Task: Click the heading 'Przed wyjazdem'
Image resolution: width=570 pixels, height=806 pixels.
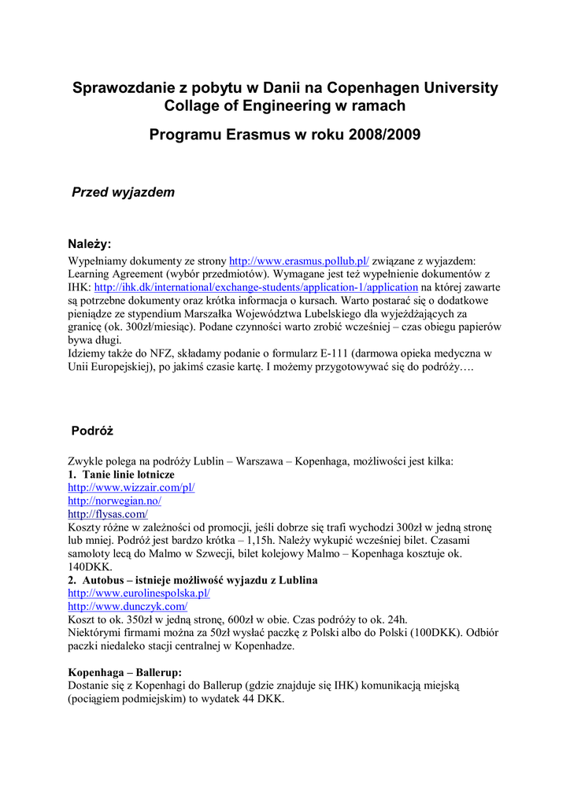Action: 124,192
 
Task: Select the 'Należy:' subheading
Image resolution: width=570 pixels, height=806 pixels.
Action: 91,244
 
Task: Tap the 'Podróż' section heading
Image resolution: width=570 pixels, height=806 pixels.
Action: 93,431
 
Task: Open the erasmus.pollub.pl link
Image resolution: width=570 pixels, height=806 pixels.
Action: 298,260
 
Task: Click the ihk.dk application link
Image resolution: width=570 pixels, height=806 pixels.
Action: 256,288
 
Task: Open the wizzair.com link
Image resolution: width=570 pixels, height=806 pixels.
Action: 131,487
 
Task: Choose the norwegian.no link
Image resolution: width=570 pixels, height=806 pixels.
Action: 114,501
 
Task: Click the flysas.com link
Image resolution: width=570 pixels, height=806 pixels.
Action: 107,514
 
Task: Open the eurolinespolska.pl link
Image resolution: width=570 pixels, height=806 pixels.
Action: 139,593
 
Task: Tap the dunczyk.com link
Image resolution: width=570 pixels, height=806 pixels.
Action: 128,607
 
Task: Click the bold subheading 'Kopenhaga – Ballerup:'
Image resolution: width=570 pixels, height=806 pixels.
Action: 125,672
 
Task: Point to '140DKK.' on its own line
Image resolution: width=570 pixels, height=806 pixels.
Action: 91,567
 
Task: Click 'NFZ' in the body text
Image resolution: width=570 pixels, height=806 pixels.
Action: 149,353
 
